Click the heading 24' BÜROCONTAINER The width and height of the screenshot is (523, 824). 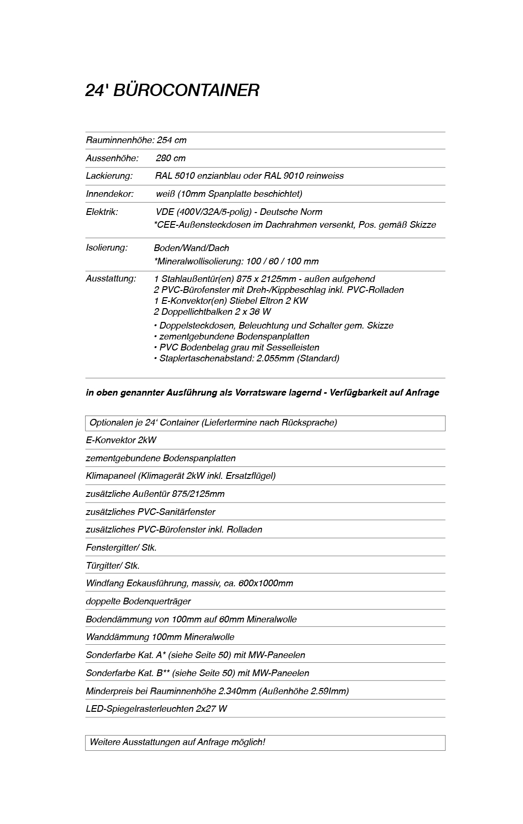(172, 90)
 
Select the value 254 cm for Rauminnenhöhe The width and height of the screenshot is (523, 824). (172, 140)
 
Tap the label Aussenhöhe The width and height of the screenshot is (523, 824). (112, 158)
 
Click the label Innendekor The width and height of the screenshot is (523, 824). (109, 194)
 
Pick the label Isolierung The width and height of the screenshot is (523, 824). (107, 247)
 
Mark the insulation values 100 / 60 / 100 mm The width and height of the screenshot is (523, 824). (282, 261)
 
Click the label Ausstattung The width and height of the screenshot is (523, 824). (111, 278)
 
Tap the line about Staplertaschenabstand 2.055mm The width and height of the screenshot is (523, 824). (247, 358)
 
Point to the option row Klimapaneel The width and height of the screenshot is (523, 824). (181, 475)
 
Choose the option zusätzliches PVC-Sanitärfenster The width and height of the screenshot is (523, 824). (150, 512)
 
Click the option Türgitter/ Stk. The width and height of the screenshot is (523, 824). (113, 565)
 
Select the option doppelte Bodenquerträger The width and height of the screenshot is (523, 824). (138, 601)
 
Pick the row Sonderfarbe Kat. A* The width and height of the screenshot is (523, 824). (195, 655)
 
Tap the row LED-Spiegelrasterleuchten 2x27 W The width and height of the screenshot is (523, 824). (156, 708)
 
